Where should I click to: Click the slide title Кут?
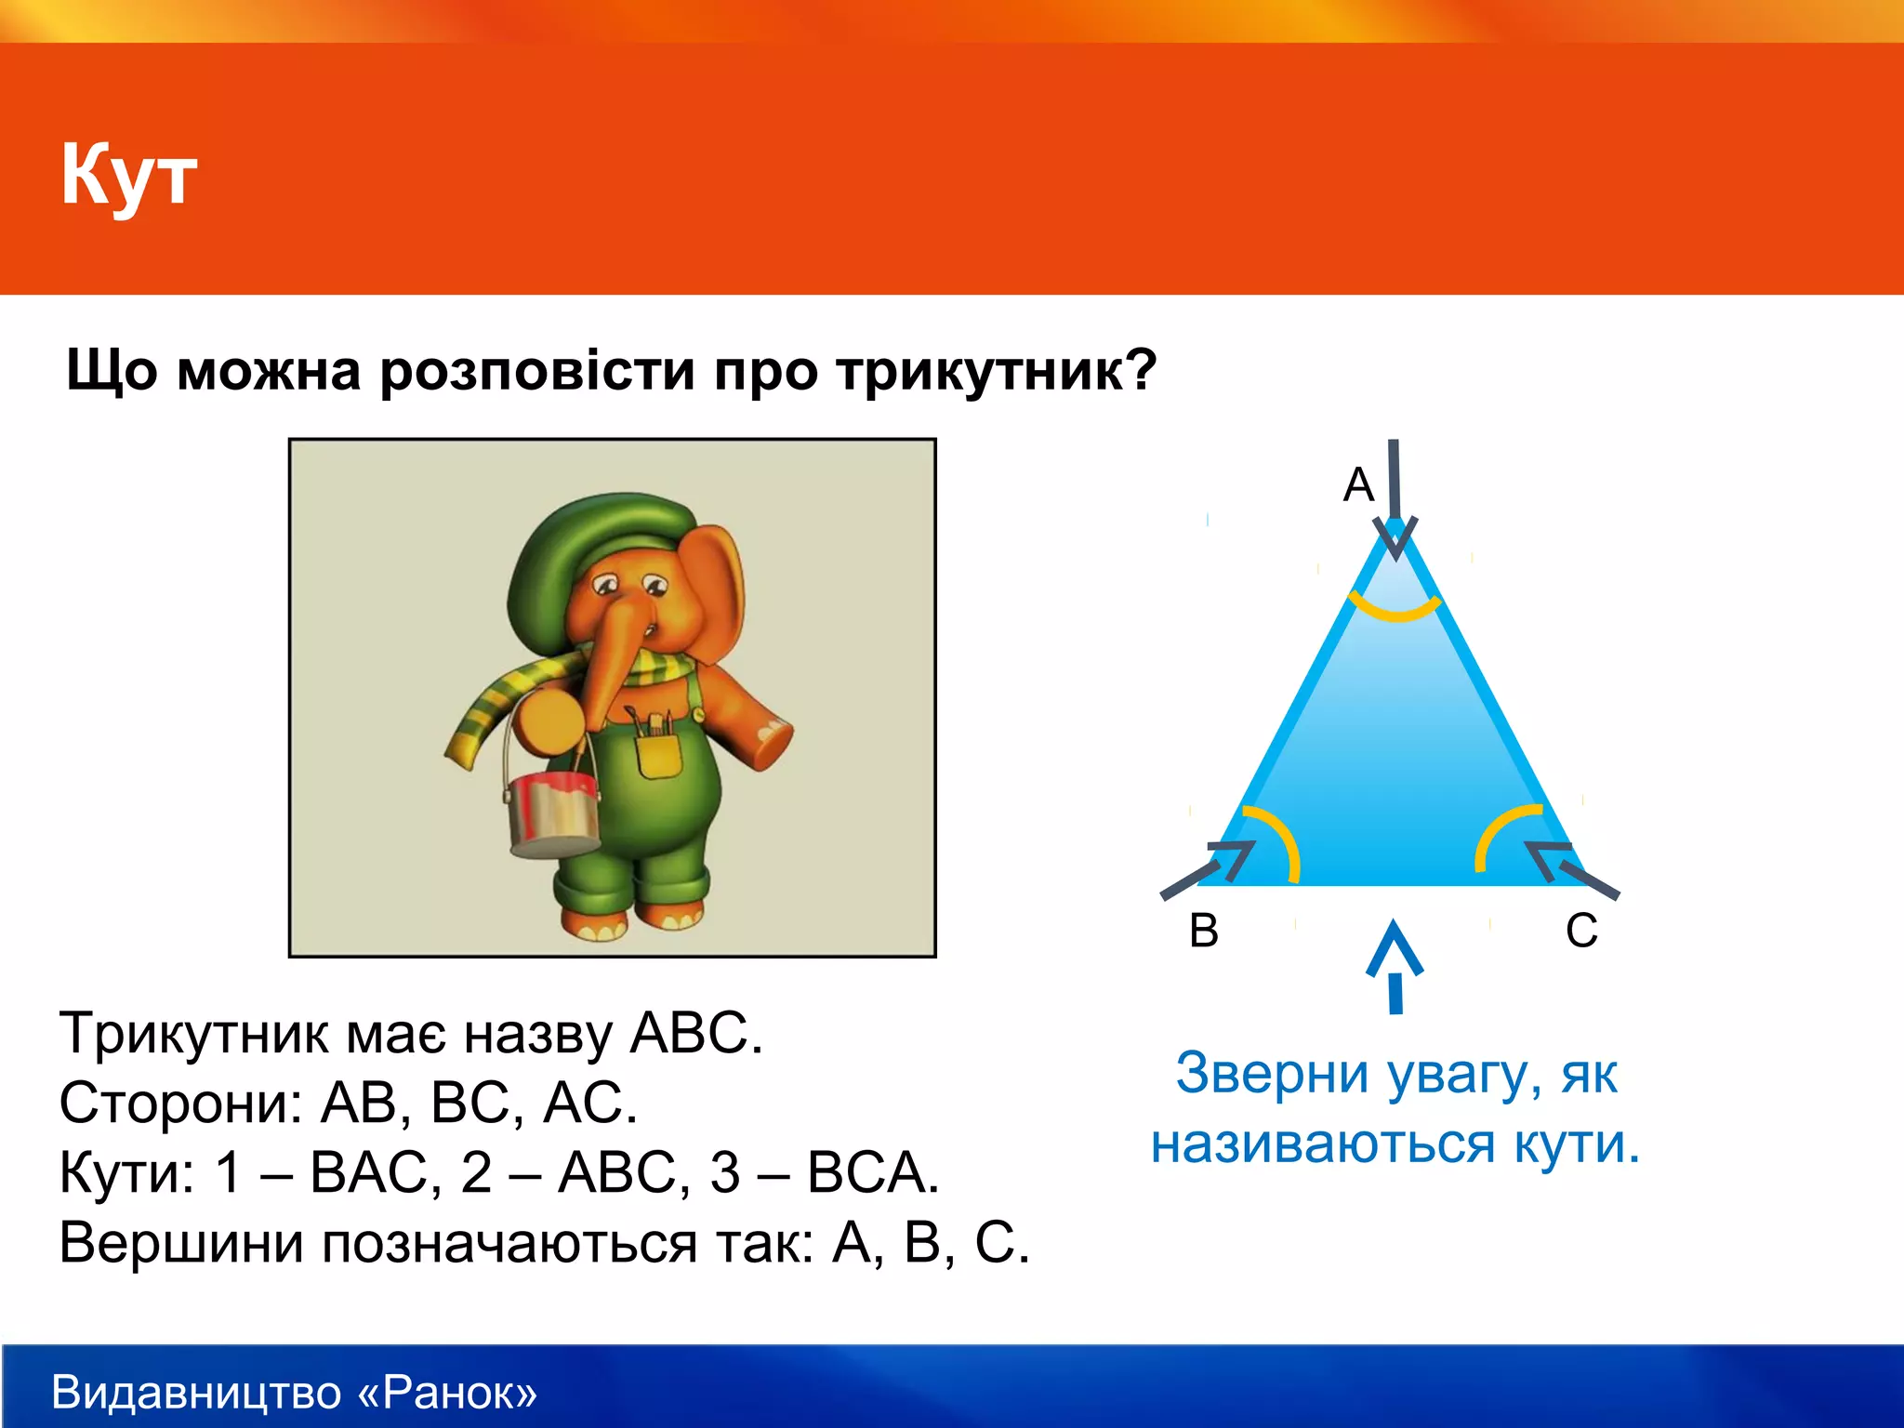pos(128,175)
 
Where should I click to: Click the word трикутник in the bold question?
pos(995,371)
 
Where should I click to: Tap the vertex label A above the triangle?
pos(1358,484)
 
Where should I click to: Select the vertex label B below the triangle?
pos(1204,930)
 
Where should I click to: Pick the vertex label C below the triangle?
pos(1581,930)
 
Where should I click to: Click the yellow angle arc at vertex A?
pos(1395,609)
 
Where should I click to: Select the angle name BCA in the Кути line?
pos(872,1172)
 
